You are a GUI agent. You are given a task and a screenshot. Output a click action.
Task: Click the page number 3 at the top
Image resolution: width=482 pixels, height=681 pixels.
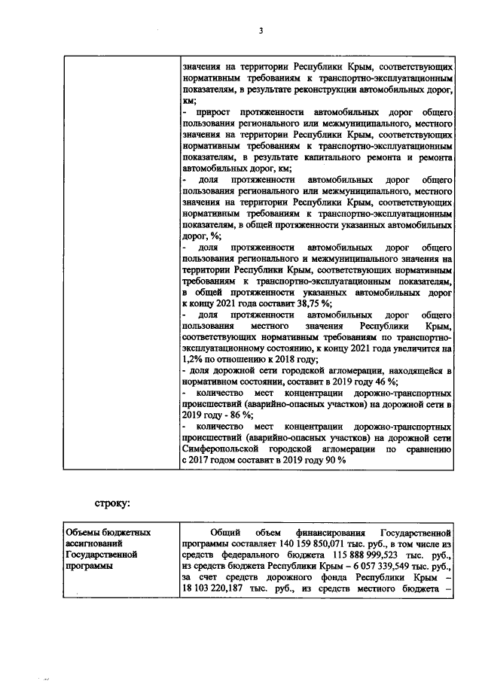[261, 31]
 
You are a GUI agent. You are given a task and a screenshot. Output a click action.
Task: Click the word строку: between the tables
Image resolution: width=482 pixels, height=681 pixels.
[114, 502]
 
